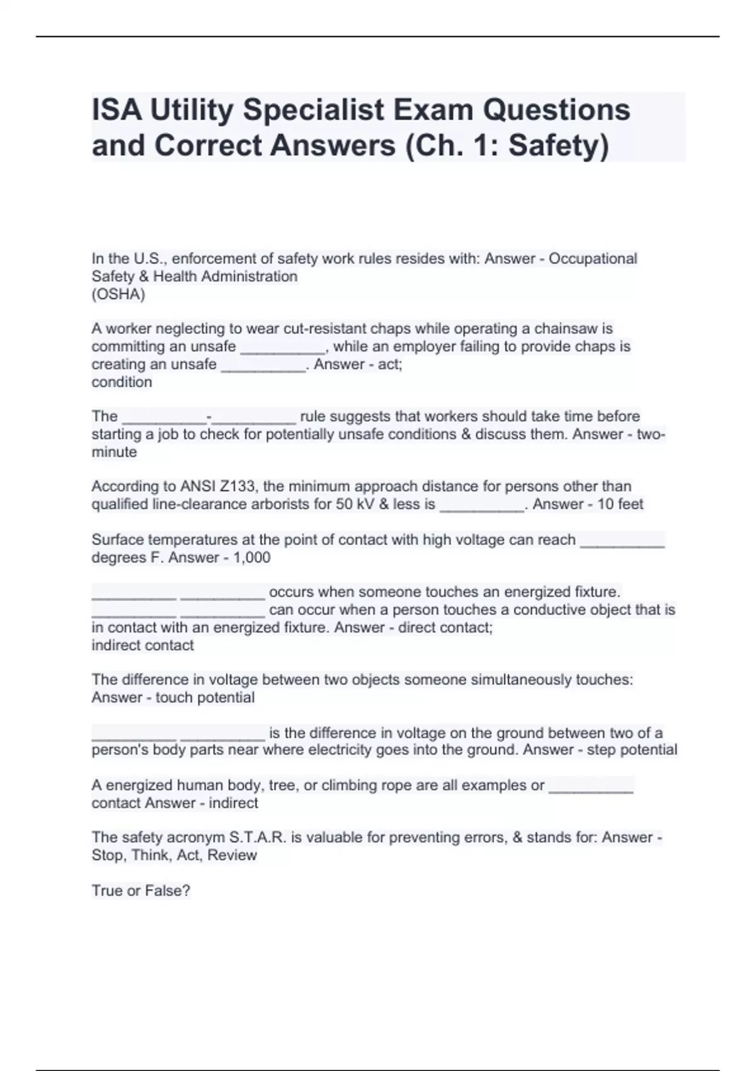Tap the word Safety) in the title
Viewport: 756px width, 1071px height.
559,146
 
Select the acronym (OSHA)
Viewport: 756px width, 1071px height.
118,294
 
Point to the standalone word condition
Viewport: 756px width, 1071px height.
122,382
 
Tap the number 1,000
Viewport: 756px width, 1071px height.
251,558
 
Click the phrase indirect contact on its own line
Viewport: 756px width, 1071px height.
142,646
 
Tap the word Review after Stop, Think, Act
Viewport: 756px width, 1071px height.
232,856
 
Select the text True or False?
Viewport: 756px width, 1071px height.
140,891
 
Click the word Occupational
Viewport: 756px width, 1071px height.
593,259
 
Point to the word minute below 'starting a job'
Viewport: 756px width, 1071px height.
114,452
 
